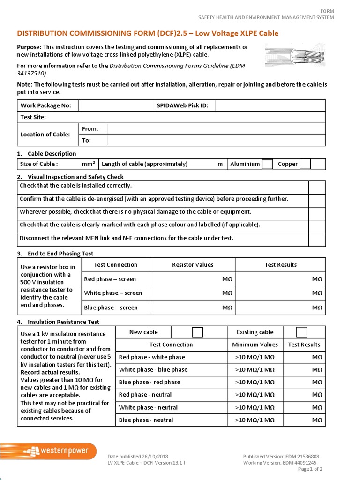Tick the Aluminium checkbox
tap(267, 164)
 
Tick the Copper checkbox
tap(305, 164)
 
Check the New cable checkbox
tap(197, 332)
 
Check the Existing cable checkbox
tap(301, 332)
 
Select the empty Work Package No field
tap(116, 105)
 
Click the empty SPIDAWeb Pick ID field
tap(270, 105)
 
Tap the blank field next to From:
tap(216, 129)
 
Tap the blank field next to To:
tap(216, 140)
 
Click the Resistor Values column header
tap(193, 265)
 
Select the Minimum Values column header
tap(255, 345)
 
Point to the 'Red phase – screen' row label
tap(110, 279)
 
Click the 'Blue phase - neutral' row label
tap(146, 420)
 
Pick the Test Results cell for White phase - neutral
tap(304, 407)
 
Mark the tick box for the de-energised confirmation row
tap(317, 199)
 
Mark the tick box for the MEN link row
tap(317, 239)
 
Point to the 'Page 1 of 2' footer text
tap(310, 469)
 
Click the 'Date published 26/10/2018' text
tap(138, 457)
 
